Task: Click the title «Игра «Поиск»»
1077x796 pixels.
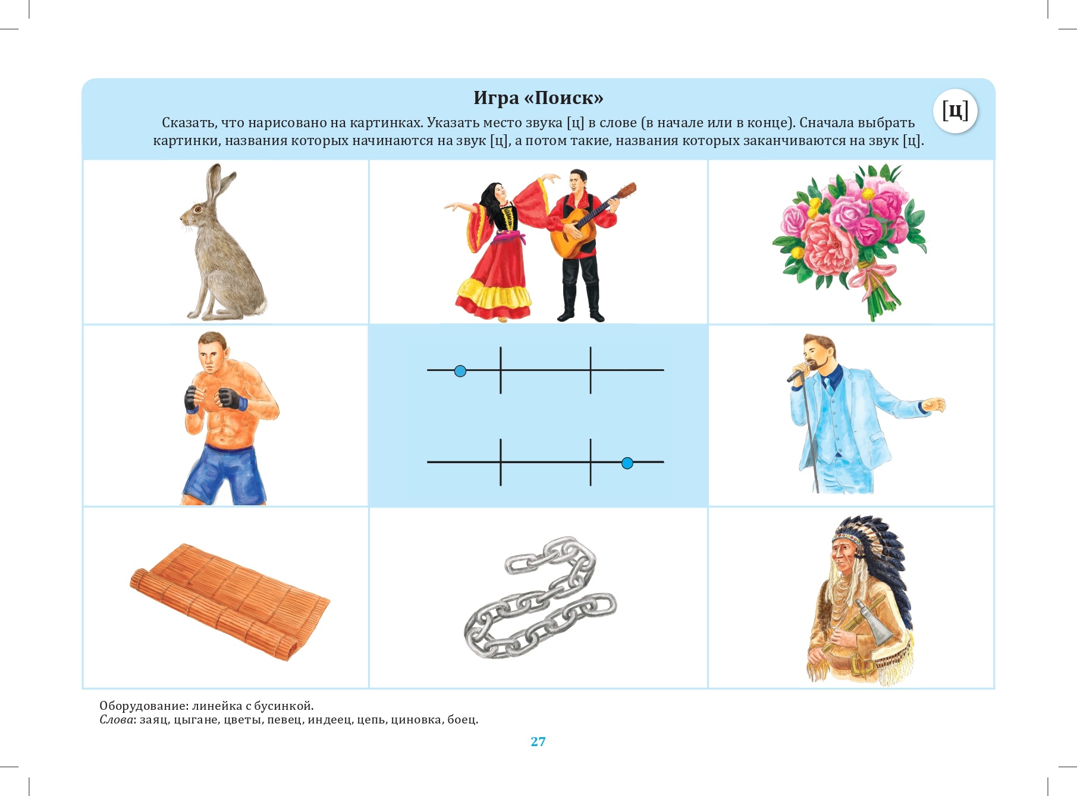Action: (538, 98)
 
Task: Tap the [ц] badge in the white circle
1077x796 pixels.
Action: (955, 111)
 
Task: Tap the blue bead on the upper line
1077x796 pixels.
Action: (460, 371)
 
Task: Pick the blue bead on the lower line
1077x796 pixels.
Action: (627, 463)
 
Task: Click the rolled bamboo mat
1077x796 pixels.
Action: (229, 600)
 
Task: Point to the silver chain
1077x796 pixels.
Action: (540, 597)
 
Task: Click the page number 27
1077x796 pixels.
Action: (538, 741)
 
